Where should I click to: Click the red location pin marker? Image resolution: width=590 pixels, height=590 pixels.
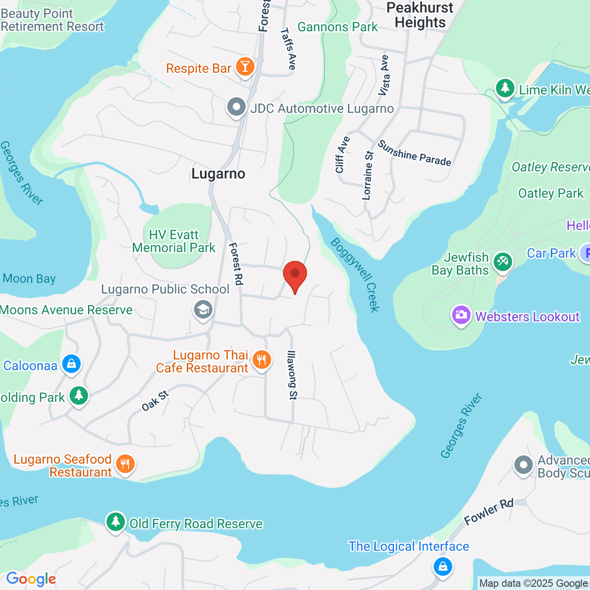click(x=295, y=274)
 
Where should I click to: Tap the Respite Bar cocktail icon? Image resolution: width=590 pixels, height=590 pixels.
click(x=245, y=67)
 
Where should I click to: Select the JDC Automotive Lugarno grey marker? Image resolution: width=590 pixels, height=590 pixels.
click(x=236, y=107)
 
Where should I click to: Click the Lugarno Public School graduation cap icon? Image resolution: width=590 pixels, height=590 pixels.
click(x=203, y=310)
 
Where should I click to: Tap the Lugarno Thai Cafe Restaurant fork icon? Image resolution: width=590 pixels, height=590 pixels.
click(x=262, y=360)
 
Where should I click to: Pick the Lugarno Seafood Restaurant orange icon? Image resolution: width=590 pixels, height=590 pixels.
click(x=125, y=464)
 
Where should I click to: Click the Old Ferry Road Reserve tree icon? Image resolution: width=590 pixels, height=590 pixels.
click(x=116, y=522)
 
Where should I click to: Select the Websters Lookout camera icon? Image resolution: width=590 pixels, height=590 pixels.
click(x=461, y=316)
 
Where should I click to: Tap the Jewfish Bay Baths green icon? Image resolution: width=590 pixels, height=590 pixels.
click(x=502, y=262)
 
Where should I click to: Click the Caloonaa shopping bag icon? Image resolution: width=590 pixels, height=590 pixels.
click(x=71, y=364)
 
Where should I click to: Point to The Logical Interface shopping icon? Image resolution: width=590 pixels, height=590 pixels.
click(x=442, y=565)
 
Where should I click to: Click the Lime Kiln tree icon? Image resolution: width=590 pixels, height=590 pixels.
click(x=504, y=88)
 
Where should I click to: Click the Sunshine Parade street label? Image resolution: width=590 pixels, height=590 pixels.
click(x=414, y=153)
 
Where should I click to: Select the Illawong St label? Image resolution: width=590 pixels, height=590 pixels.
click(x=292, y=375)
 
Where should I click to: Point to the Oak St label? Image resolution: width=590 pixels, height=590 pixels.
click(x=155, y=400)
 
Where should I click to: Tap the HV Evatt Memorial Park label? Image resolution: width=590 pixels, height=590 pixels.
click(x=174, y=241)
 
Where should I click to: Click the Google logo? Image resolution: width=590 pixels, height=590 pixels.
click(x=31, y=579)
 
